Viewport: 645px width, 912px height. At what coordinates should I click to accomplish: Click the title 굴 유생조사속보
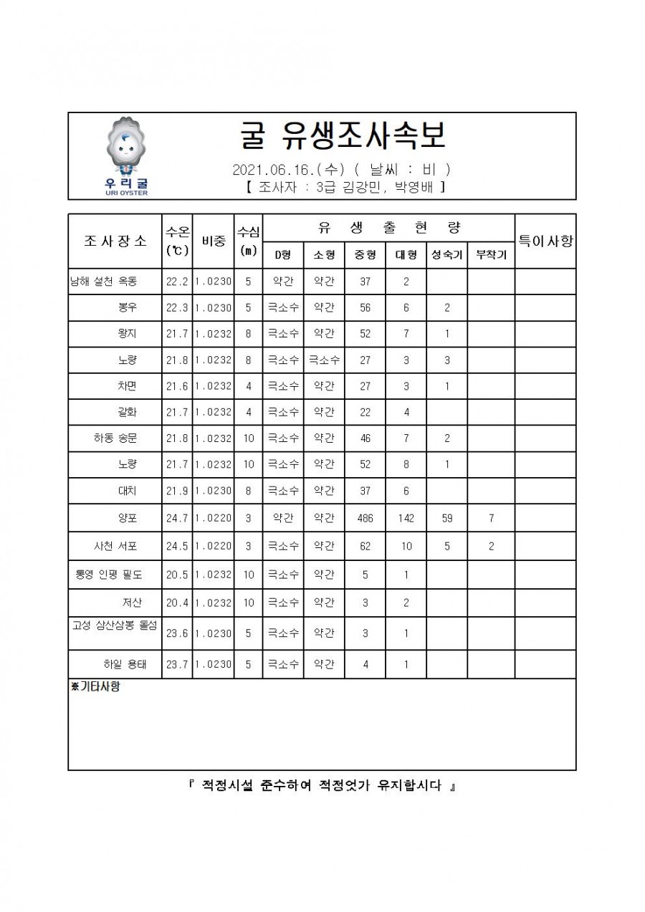(340, 135)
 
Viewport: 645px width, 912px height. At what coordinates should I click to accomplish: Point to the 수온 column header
(177, 241)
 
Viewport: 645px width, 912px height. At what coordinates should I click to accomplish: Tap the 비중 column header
(214, 241)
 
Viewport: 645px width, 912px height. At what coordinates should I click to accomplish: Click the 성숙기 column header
(446, 255)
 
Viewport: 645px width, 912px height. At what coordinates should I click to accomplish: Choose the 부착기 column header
(491, 255)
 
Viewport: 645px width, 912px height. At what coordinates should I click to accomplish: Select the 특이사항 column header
(545, 241)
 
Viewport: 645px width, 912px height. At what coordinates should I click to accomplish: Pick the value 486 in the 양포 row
(365, 518)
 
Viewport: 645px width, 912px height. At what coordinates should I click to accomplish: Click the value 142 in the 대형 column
(406, 518)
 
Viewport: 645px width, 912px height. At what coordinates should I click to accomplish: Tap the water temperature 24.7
(177, 518)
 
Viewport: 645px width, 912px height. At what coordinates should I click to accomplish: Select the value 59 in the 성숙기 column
(446, 518)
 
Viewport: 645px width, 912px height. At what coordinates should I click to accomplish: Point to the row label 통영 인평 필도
(108, 575)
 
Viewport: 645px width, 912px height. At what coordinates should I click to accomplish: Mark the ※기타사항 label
(96, 686)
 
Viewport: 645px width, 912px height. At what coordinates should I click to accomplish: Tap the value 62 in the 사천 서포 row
(365, 546)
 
